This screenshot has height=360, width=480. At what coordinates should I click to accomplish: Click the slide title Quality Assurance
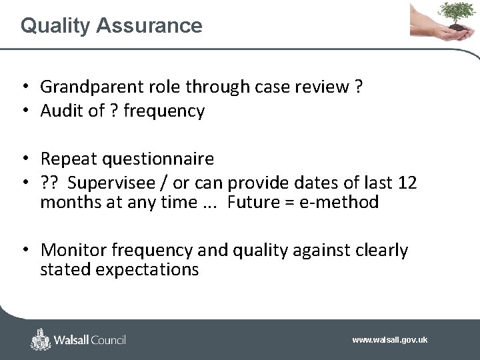tap(111, 25)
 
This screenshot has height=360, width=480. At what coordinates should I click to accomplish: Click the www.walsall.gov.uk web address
tap(389, 340)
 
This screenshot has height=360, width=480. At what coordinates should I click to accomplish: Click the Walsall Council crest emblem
tap(41, 339)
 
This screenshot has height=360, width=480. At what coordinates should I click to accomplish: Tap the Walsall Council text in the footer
tap(90, 340)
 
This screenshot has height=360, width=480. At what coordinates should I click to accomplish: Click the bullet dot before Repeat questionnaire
tap(24, 159)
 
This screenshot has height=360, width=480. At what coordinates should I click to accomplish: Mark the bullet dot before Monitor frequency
tap(24, 251)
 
